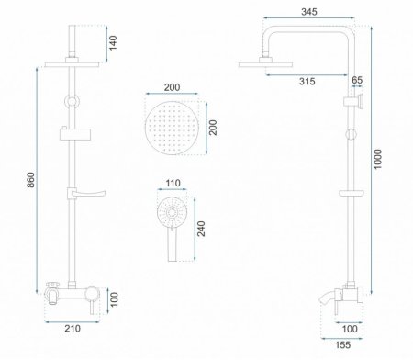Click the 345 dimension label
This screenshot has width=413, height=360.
coord(309,12)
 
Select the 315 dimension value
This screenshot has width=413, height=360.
coord(307,82)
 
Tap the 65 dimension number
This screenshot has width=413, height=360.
coord(357,80)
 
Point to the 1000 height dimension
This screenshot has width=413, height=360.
coord(378,159)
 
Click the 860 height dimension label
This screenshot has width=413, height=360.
coord(31,180)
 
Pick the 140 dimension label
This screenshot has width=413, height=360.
coord(113,43)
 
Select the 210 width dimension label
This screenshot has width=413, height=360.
coord(73,329)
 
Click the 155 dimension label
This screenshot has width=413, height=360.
coord(342,345)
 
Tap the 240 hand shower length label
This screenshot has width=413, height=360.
coord(201,229)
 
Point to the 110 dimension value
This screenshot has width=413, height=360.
coord(173,183)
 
